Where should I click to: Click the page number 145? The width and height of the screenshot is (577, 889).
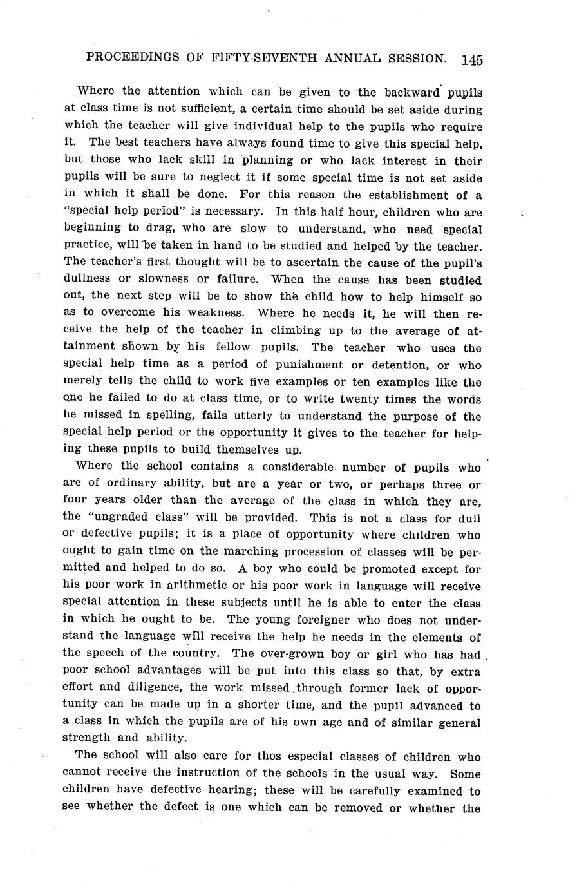pyautogui.click(x=471, y=59)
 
